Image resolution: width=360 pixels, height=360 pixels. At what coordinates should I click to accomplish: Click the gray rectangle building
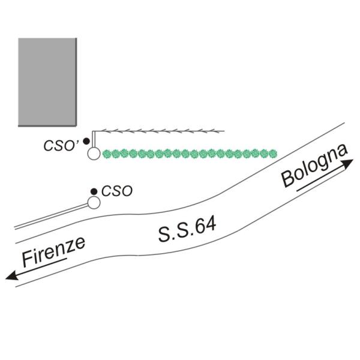click(47, 82)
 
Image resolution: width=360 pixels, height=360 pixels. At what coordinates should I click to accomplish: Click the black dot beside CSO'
click(86, 141)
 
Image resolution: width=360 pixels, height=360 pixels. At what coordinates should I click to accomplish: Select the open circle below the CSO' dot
click(94, 154)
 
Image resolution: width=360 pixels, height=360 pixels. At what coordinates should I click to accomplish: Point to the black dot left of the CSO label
click(94, 191)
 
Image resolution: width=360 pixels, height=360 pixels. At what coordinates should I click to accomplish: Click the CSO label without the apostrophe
click(116, 191)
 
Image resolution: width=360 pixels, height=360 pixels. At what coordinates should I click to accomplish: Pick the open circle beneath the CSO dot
click(94, 203)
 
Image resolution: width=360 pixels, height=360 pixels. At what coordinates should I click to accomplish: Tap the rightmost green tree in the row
click(273, 154)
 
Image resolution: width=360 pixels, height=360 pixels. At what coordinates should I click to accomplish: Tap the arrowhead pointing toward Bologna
click(346, 162)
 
